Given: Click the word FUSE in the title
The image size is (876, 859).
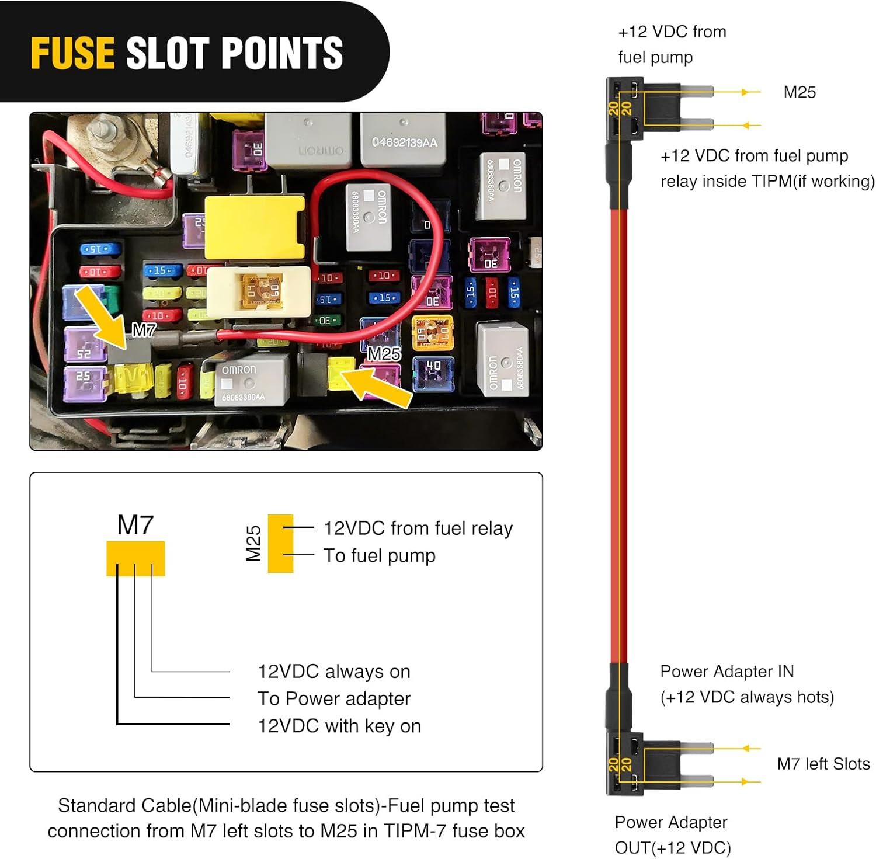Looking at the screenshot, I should pos(72,53).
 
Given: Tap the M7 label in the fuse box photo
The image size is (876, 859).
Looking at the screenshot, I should pos(144,331).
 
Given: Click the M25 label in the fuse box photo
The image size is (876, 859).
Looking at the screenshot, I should pos(384,354).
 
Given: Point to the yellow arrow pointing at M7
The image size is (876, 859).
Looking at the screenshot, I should pos(98,312).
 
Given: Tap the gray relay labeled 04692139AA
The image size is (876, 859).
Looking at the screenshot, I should pos(404,140).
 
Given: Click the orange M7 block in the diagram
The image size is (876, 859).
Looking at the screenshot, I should pos(135,558).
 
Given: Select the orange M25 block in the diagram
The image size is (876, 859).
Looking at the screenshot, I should pos(280,543).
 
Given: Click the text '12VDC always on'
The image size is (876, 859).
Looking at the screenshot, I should pos(334,672).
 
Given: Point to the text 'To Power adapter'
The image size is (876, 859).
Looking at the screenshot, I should pos(334,698).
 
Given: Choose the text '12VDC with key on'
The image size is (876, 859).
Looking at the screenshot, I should pos(339,726).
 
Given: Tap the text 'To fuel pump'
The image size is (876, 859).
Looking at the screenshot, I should pos(380,555).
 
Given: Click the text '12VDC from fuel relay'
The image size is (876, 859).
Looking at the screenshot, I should pos(418,528).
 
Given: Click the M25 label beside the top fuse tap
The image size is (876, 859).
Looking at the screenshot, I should pos(799,92).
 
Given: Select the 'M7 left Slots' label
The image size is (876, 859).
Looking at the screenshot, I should pos(823,764).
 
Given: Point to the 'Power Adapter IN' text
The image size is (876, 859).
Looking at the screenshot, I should pos(727,672).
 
